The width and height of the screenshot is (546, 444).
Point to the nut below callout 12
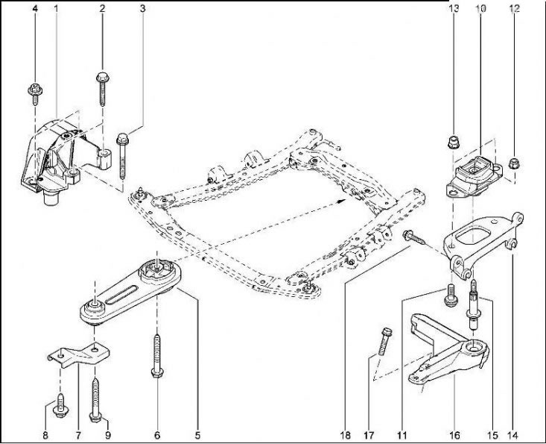click(512, 163)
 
